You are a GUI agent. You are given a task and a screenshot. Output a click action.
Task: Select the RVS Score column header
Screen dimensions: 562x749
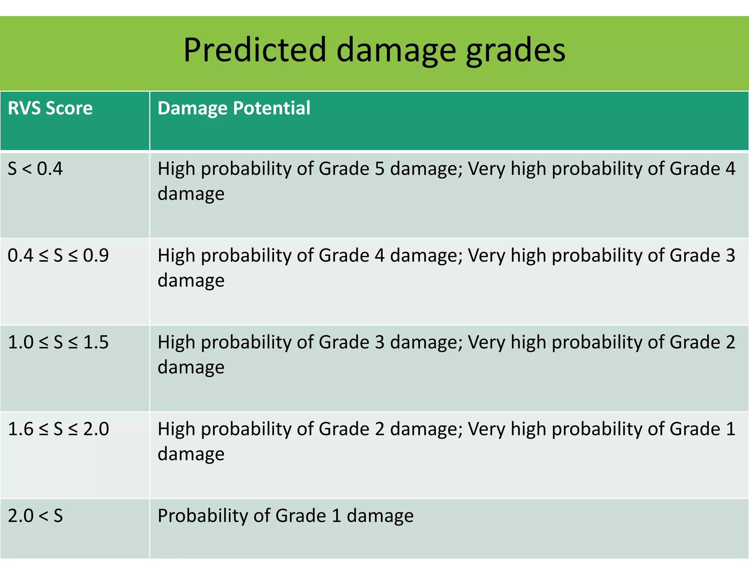(x=50, y=108)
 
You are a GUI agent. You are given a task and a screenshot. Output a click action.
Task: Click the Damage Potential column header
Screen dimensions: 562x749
(x=234, y=108)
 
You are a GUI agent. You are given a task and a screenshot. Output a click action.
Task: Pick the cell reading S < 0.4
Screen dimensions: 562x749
(x=35, y=169)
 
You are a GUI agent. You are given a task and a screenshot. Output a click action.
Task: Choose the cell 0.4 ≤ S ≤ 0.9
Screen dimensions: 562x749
(x=58, y=255)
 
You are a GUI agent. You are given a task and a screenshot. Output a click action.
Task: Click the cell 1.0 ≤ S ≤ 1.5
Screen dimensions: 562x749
(x=58, y=342)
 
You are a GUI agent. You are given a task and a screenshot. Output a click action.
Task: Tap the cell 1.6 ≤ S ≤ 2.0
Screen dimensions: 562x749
(x=58, y=429)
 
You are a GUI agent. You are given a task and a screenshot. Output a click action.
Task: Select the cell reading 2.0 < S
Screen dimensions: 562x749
(x=35, y=516)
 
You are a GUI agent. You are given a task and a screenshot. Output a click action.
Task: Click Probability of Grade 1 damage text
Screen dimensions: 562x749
(x=285, y=516)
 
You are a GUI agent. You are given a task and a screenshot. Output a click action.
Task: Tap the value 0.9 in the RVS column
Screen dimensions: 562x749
(x=96, y=255)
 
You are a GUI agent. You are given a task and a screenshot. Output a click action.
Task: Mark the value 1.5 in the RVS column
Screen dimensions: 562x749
(x=96, y=342)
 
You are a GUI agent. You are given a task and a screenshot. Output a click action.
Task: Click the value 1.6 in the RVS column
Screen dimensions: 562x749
(x=20, y=429)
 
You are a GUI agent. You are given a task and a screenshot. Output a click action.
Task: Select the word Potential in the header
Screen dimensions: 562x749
(x=272, y=108)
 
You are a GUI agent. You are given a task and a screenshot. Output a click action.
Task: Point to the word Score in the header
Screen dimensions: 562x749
(x=69, y=108)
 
